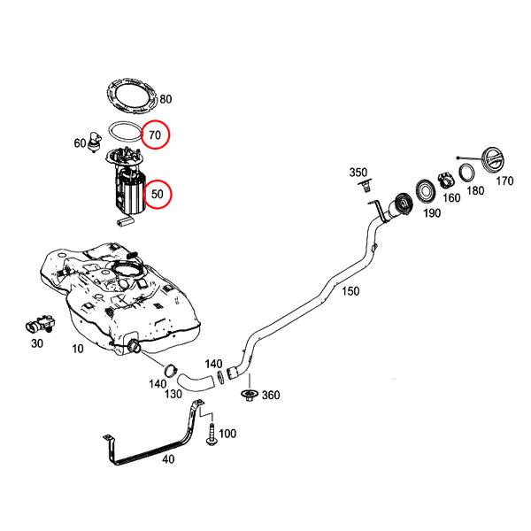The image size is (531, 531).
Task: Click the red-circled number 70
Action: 155,135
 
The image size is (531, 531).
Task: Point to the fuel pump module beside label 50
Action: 128,190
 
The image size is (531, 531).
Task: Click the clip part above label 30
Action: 39,323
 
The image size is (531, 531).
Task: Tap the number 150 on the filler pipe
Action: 351,291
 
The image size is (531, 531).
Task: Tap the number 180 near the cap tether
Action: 475,190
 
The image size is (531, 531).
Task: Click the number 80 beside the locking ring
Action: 165,99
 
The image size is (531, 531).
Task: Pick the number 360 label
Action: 270,395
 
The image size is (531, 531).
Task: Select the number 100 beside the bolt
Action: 227,434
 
